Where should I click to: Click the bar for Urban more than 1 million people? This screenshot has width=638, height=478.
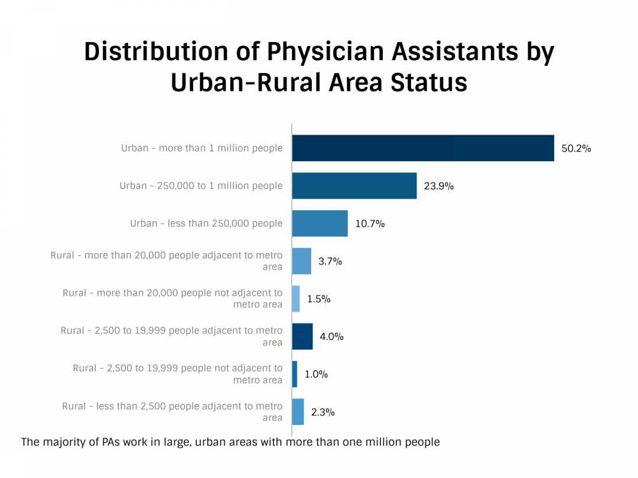point(423,148)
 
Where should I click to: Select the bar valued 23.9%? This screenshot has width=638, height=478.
point(354,186)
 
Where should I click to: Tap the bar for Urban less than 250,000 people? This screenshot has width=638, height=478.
point(320,224)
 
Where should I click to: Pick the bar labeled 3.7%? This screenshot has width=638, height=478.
point(301,261)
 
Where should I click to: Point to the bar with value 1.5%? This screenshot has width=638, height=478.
point(296,299)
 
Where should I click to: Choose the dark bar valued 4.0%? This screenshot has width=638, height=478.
point(302,336)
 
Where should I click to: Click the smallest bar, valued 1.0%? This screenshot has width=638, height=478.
point(295,374)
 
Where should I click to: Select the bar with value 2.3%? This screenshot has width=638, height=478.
point(298,412)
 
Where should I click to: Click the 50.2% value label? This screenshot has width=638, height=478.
point(576,149)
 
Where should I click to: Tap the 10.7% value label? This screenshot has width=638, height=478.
point(370,224)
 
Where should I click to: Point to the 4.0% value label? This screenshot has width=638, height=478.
point(331,337)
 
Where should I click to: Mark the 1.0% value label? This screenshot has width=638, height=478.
point(316,374)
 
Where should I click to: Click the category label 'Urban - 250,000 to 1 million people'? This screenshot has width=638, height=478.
point(201,186)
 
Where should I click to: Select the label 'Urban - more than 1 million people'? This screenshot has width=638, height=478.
point(202,148)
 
